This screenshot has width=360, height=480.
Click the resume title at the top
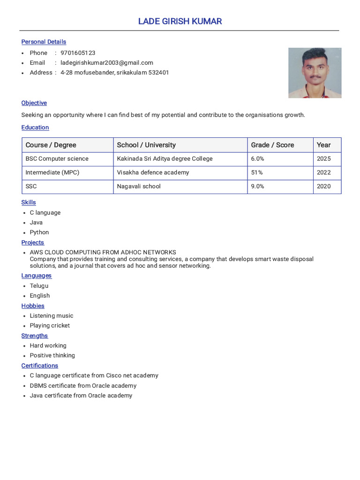(x=180, y=22)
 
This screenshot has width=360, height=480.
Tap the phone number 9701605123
(x=78, y=53)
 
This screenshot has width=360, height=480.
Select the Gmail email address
(x=107, y=63)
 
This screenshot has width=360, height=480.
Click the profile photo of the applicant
(x=315, y=73)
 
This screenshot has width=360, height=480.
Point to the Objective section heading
(x=34, y=103)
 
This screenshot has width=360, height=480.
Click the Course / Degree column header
(x=51, y=145)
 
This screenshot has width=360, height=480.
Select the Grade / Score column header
(x=272, y=145)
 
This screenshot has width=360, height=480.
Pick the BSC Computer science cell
(x=57, y=159)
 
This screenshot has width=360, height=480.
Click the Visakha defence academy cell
(x=153, y=172)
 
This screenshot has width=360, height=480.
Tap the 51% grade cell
(x=257, y=172)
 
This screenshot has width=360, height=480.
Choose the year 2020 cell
(x=323, y=187)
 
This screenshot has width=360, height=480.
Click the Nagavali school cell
(x=139, y=187)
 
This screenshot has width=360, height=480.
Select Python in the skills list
(x=39, y=232)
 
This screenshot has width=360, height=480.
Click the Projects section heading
(x=33, y=243)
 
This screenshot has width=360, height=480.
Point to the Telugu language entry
(x=39, y=286)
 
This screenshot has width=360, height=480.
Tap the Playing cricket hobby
(x=50, y=326)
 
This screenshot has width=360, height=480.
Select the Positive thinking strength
(x=52, y=356)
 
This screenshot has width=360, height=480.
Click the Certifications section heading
(x=40, y=366)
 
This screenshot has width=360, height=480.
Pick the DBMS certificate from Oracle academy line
(x=83, y=386)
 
